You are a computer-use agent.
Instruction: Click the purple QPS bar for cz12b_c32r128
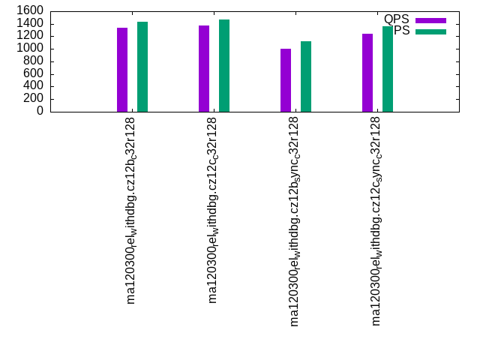122,70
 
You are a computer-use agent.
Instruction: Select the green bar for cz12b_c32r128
142,67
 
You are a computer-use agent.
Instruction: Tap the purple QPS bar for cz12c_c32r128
204,68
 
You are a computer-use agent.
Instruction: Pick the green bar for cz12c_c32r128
224,65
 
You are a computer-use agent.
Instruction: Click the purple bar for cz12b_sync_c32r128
286,80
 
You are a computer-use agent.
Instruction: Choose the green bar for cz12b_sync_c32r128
306,76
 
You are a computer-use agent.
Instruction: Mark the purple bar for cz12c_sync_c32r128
367,73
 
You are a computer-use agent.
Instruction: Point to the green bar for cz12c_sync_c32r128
388,69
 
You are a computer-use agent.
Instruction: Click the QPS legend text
396,19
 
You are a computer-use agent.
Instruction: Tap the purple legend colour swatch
430,20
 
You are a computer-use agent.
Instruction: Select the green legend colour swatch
430,31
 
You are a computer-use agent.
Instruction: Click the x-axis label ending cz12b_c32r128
132,210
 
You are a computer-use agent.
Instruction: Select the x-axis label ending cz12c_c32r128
214,210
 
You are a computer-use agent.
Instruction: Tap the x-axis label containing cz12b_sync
295,221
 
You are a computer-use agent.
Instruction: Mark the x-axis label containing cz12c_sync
377,221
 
